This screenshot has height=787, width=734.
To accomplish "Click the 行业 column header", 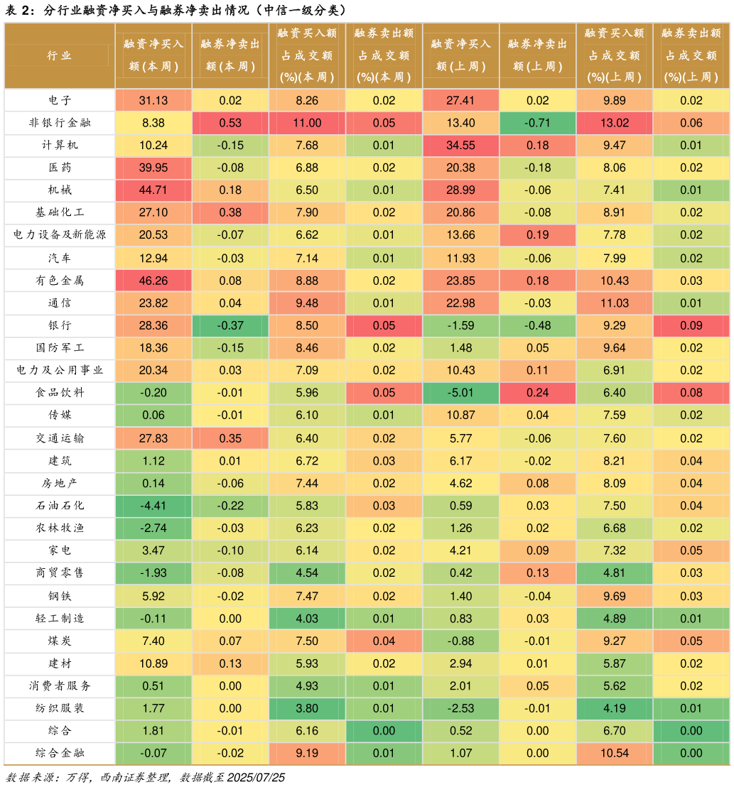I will (60, 55).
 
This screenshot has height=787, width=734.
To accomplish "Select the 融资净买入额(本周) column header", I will (153, 55).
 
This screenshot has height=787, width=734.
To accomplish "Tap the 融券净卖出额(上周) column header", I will (538, 55).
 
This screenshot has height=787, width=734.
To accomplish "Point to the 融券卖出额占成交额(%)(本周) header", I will (384, 55).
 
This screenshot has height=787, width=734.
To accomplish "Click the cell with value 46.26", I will (153, 281).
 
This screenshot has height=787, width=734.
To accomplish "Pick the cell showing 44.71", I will (153, 190).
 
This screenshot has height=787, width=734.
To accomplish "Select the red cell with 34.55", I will (460, 145).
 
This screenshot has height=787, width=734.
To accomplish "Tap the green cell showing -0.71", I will (538, 123).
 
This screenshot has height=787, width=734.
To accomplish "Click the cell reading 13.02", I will (615, 123).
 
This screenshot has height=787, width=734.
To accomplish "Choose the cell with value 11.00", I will (307, 123).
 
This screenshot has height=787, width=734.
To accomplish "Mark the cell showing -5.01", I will (460, 393).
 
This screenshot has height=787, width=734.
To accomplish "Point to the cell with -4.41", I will (153, 506).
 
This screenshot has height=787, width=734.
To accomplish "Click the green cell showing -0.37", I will (230, 325).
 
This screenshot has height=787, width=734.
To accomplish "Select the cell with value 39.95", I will (153, 168).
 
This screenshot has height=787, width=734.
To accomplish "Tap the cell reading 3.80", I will (307, 708).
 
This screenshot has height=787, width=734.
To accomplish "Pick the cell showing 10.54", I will (615, 753).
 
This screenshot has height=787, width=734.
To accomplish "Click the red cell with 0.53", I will (230, 123).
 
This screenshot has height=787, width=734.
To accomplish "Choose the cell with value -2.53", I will (460, 708).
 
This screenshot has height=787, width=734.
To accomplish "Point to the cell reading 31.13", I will (153, 100).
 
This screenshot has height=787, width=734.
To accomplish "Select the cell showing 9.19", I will (307, 753).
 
